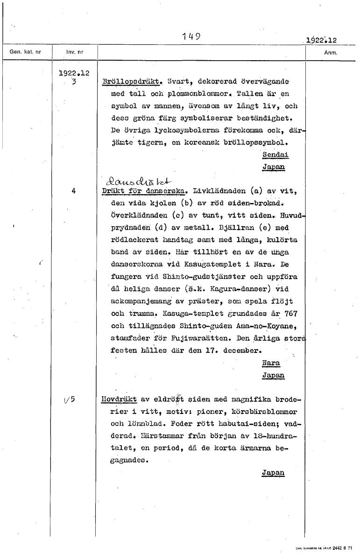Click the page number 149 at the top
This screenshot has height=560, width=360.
tap(191, 36)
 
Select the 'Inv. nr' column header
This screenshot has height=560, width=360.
tap(74, 52)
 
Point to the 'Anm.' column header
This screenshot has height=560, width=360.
tap(330, 53)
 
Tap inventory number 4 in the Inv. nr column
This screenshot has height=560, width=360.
tap(74, 190)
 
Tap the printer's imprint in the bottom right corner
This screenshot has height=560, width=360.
tap(324, 548)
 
